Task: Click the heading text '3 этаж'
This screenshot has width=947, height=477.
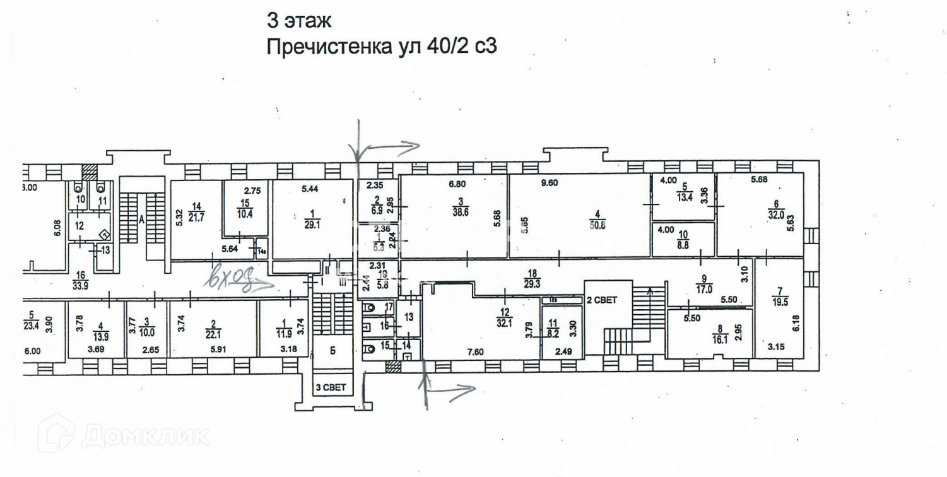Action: pos(298,20)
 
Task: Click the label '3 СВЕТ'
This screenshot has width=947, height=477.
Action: pos(331,387)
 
